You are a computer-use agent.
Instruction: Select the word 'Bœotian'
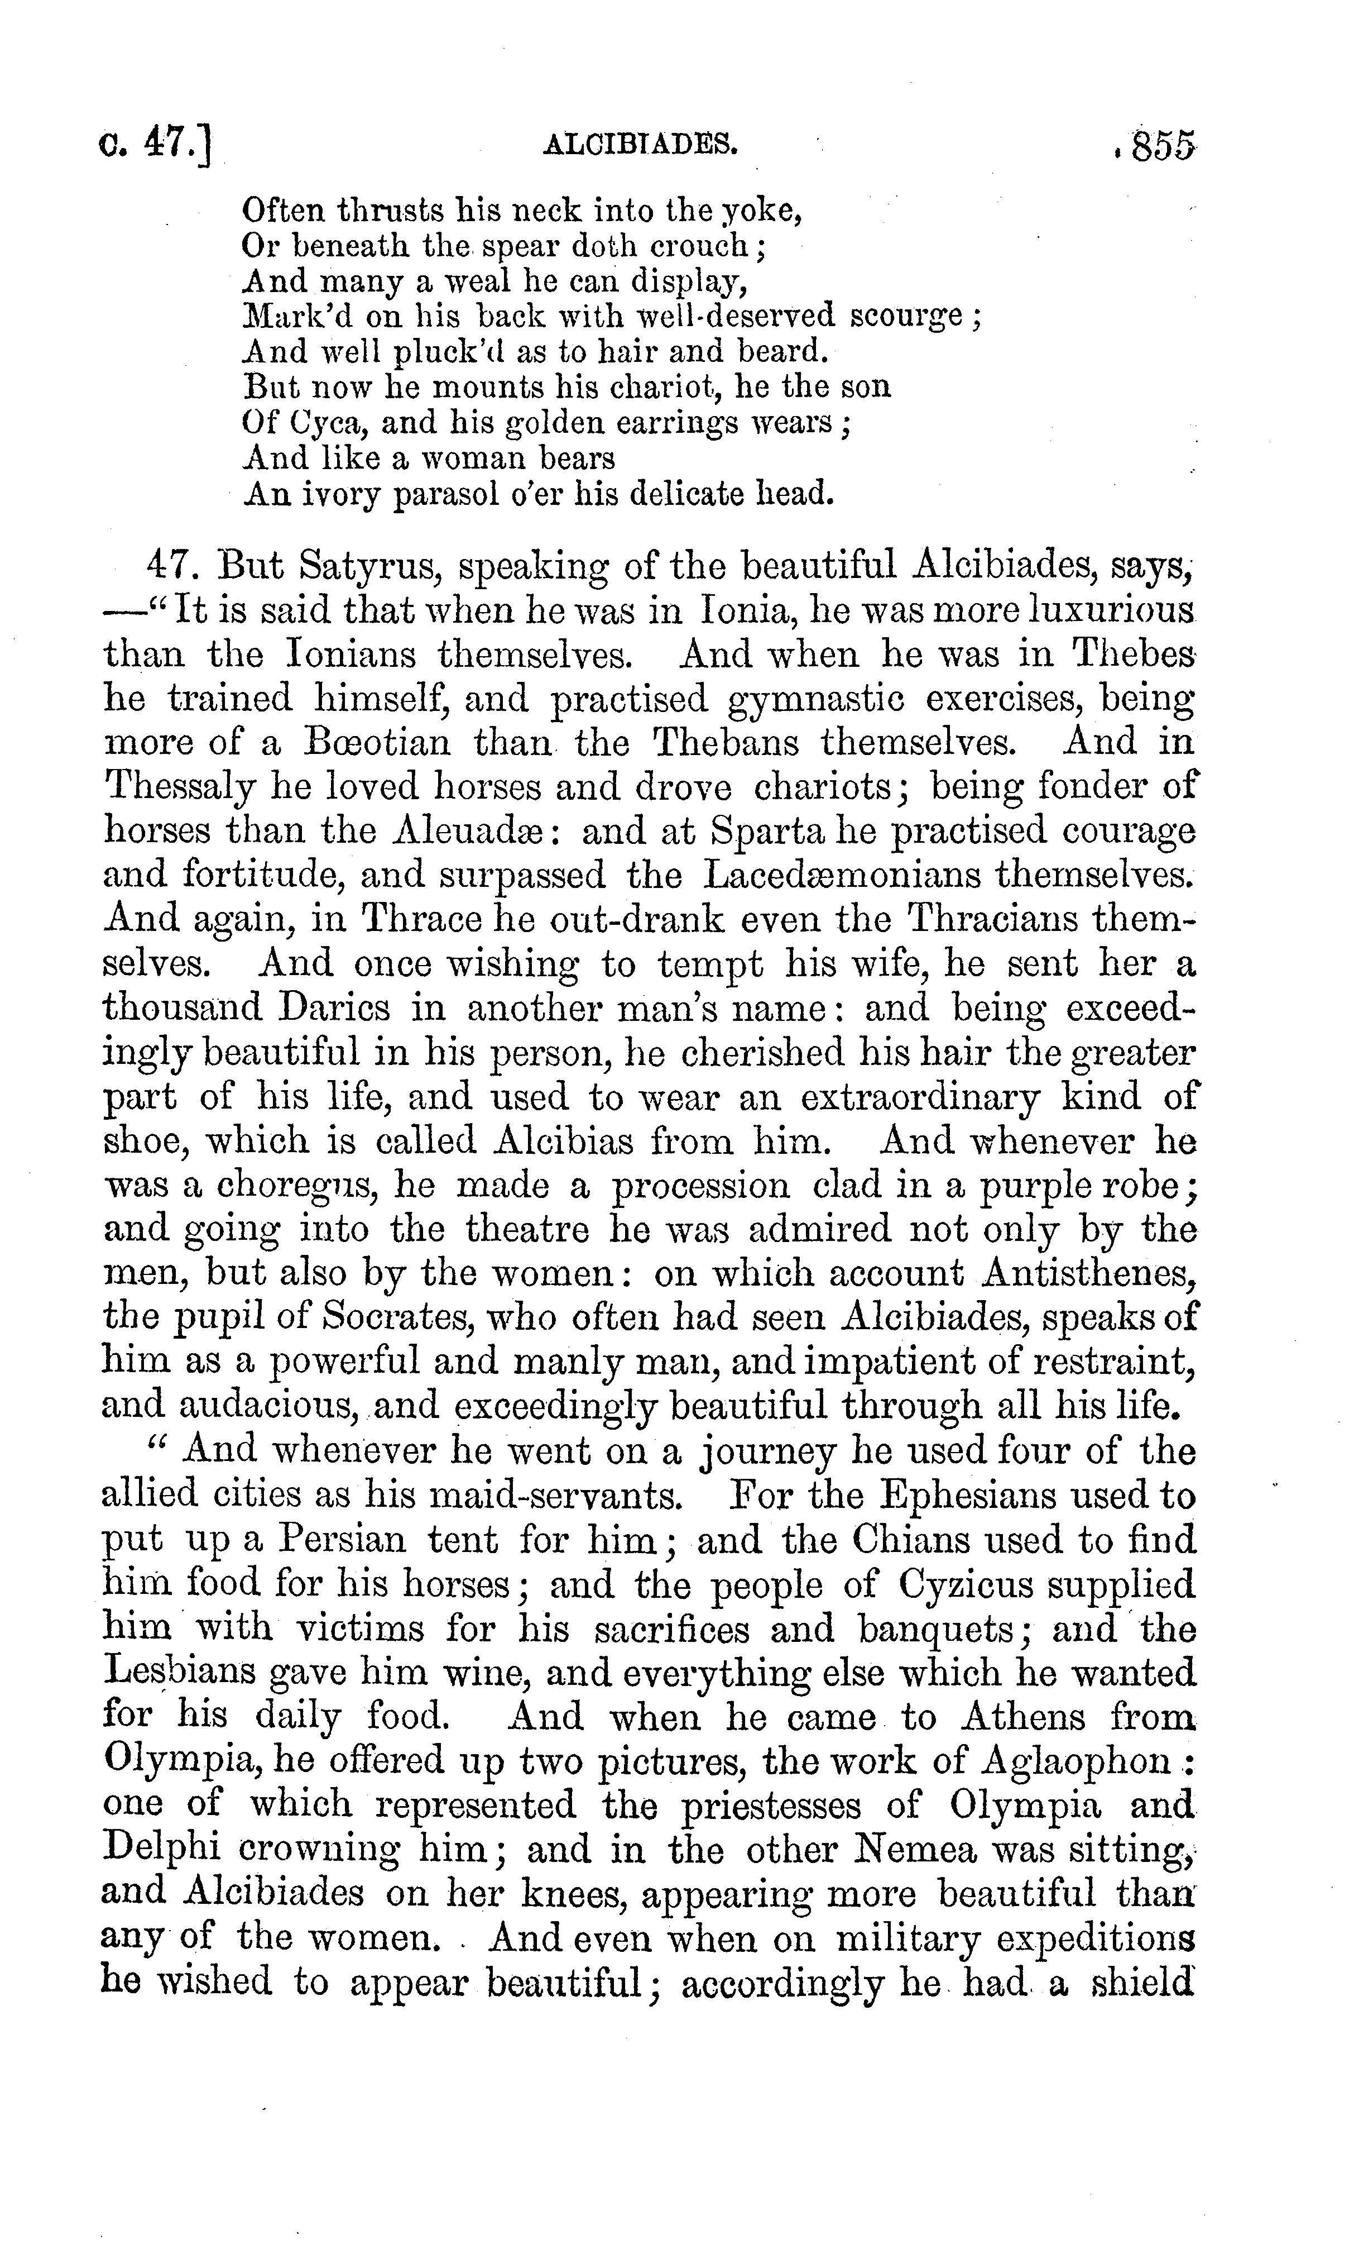(x=377, y=741)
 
